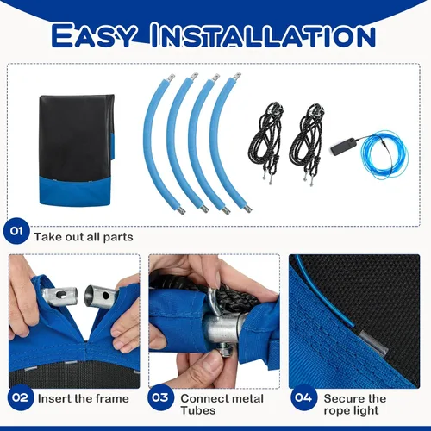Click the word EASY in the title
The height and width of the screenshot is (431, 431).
[93, 35]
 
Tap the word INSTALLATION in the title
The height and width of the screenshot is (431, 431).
[263, 35]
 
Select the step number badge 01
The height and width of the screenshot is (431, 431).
[16, 231]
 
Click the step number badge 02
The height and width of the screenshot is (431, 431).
[21, 397]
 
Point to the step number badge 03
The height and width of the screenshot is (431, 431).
[160, 397]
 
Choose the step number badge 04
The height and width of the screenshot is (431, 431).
[303, 397]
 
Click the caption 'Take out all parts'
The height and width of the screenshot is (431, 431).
[84, 237]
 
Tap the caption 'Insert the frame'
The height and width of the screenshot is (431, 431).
[84, 398]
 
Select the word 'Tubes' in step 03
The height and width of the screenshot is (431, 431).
[198, 410]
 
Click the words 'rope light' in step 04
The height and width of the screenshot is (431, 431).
[351, 410]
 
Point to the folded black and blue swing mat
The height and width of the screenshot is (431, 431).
[77, 150]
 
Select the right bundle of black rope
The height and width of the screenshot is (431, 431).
[306, 141]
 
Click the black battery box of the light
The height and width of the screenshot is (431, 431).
[343, 146]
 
